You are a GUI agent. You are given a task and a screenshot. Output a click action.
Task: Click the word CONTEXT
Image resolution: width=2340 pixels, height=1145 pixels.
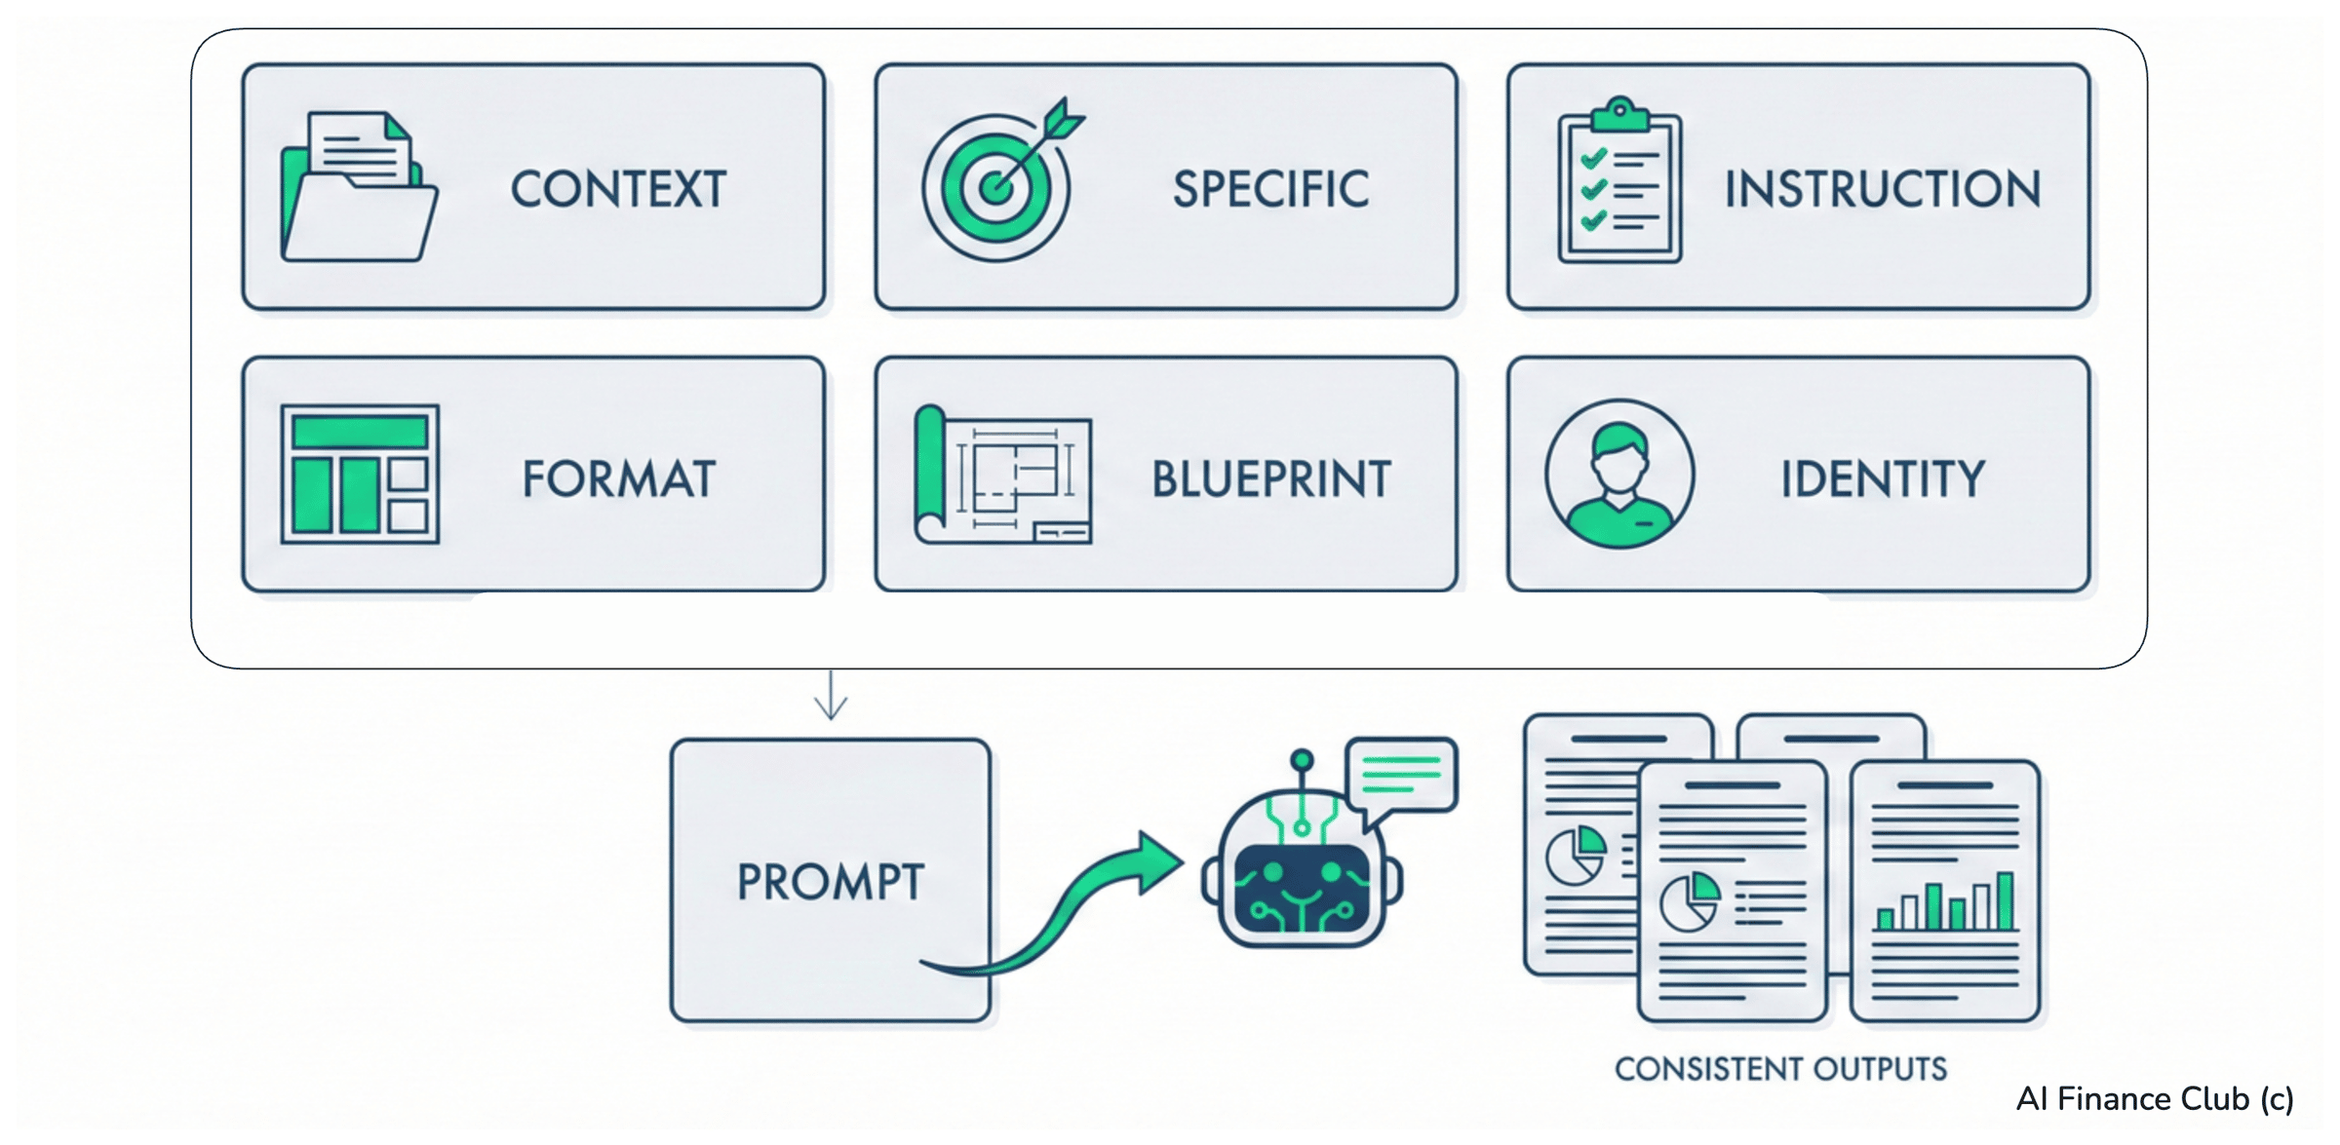coord(619,189)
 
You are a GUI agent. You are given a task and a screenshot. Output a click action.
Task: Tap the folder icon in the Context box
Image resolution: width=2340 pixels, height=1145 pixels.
coord(359,186)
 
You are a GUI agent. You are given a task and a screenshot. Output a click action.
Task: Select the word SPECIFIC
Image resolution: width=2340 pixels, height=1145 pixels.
coord(1270,189)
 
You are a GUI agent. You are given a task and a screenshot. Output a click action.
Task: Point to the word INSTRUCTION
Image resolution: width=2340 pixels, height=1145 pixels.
coord(1883,189)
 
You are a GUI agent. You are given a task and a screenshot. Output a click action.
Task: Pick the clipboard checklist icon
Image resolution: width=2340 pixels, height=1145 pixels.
coord(1619,180)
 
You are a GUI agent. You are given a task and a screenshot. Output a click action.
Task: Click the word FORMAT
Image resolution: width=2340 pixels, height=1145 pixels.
coord(619,479)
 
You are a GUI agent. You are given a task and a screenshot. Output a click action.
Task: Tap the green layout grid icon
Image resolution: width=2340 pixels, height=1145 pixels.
coord(360,474)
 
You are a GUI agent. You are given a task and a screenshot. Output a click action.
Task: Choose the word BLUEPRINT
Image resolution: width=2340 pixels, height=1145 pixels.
coord(1271,479)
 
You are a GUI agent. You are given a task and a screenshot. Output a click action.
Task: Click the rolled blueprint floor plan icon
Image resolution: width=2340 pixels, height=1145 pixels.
coord(1003,475)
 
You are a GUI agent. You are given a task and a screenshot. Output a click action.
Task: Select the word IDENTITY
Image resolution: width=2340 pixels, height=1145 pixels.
coord(1883,479)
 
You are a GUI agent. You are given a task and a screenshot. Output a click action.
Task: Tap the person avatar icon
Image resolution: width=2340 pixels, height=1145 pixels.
coord(1619,474)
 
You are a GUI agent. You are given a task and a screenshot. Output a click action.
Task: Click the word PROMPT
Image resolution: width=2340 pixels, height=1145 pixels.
coord(831,882)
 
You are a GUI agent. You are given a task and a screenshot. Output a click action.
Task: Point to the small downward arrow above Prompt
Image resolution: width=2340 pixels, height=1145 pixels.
coord(831,695)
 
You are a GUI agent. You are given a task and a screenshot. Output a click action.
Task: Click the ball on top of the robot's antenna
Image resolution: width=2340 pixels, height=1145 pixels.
coord(1302,760)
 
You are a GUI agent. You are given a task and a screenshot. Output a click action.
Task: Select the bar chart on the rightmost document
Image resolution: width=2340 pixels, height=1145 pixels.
coord(1945,901)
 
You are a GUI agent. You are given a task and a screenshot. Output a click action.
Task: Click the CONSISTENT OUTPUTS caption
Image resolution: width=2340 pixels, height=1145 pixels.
coord(1780,1069)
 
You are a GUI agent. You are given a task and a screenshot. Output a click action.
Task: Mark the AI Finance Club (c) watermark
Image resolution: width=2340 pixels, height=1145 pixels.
coord(2155,1099)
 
